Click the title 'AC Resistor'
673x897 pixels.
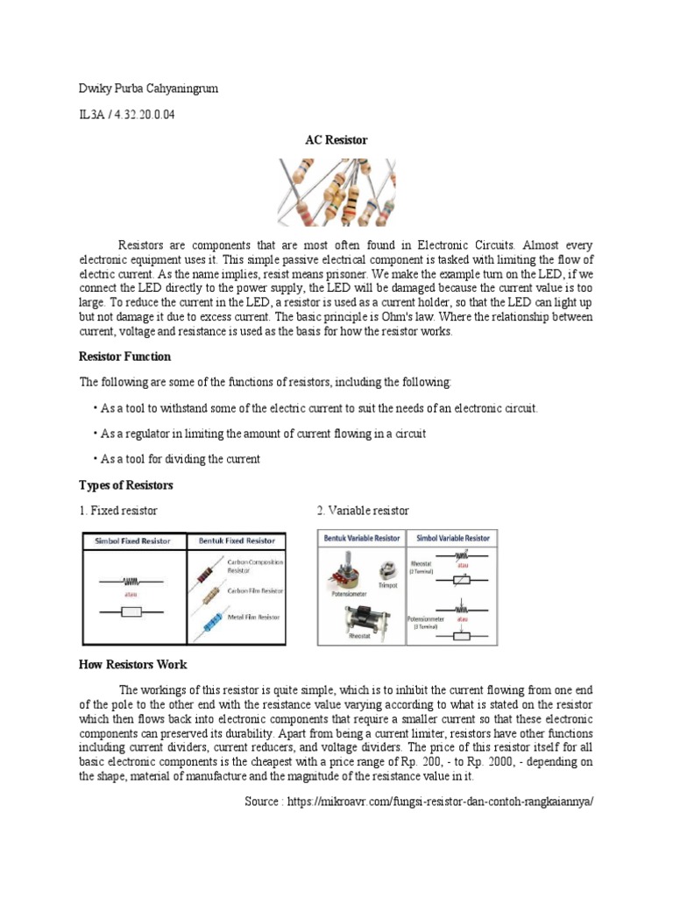(336, 140)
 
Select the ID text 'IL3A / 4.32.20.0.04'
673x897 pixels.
(127, 116)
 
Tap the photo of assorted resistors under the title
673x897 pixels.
(336, 191)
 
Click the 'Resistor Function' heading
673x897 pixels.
(125, 357)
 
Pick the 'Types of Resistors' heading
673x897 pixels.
(126, 485)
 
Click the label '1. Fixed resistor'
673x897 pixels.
(118, 511)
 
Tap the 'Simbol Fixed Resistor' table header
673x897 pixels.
(134, 540)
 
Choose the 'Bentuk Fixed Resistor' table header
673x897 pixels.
(236, 540)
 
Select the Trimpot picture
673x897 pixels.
(386, 569)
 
